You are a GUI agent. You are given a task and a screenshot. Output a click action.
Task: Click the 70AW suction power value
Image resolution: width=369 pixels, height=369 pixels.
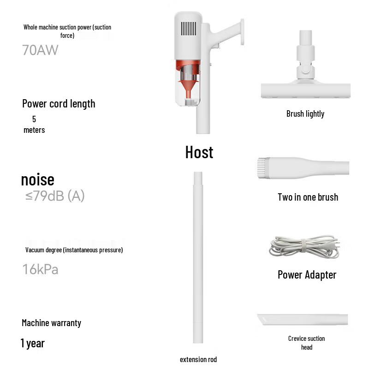click(x=40, y=50)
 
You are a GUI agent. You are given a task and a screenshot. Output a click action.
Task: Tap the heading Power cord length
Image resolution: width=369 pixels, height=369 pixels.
click(x=59, y=103)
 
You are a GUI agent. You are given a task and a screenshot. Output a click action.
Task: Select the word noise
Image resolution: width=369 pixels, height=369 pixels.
click(x=37, y=179)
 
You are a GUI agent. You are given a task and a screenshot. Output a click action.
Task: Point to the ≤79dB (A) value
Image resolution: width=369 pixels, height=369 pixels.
click(x=55, y=196)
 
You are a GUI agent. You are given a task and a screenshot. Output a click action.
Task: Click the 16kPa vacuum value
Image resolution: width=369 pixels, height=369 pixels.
click(x=40, y=269)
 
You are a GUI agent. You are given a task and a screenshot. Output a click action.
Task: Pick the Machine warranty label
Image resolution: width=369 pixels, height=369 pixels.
click(x=51, y=323)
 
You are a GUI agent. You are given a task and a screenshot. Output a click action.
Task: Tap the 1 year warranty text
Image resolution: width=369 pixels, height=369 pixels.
click(x=32, y=343)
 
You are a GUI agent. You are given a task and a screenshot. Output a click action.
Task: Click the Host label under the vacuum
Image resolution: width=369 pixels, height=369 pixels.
click(x=199, y=152)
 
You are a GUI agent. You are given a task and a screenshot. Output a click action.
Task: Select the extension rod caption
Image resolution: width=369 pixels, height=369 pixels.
click(x=198, y=359)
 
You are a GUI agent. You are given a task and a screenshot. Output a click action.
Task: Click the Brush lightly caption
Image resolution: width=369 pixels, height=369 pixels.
click(x=305, y=114)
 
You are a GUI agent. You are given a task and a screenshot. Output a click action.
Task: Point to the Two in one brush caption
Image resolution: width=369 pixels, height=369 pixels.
click(x=308, y=197)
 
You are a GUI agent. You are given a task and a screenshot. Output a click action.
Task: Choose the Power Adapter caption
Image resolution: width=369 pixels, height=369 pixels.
click(x=307, y=275)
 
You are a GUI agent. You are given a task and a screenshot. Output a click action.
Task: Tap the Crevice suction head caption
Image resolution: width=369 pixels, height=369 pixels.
click(x=306, y=343)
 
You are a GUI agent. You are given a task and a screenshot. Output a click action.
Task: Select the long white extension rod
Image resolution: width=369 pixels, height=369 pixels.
click(x=198, y=258)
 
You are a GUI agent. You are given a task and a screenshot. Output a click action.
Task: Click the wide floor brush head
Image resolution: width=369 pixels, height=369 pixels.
click(x=305, y=90)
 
